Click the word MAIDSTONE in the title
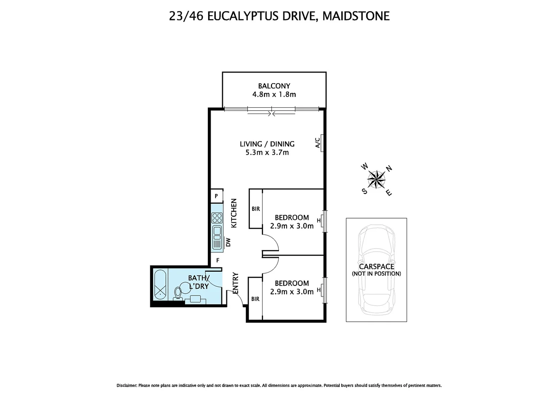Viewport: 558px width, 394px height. (356, 16)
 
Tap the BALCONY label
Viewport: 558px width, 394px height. (274, 86)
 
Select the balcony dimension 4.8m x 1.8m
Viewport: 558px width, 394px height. (274, 94)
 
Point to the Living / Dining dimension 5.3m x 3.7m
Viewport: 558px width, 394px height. (267, 152)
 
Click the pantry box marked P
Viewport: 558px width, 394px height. (217, 196)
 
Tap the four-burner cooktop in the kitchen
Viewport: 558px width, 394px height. (217, 218)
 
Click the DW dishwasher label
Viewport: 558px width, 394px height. (228, 242)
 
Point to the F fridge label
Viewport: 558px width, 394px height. (218, 260)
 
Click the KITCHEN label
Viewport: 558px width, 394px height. (234, 213)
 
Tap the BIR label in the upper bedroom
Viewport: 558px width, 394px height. (256, 209)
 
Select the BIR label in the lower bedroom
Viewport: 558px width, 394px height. (255, 299)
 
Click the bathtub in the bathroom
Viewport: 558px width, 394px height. (160, 285)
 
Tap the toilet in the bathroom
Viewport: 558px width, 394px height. (178, 293)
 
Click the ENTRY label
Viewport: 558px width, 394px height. (236, 283)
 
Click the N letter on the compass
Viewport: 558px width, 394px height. (389, 168)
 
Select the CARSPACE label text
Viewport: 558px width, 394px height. (377, 267)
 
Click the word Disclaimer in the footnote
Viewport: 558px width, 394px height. (126, 386)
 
